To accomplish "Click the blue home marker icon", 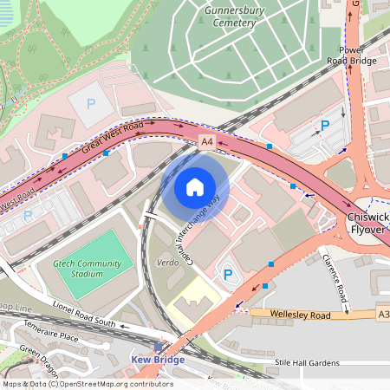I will pos(195,187).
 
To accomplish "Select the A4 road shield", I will pos(206,140).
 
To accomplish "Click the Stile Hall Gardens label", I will pos(310,362).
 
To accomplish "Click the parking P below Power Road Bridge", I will pos(325,126).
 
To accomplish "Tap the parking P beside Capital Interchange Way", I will pos(228,275).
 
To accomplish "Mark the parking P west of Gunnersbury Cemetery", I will pos(91,103).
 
